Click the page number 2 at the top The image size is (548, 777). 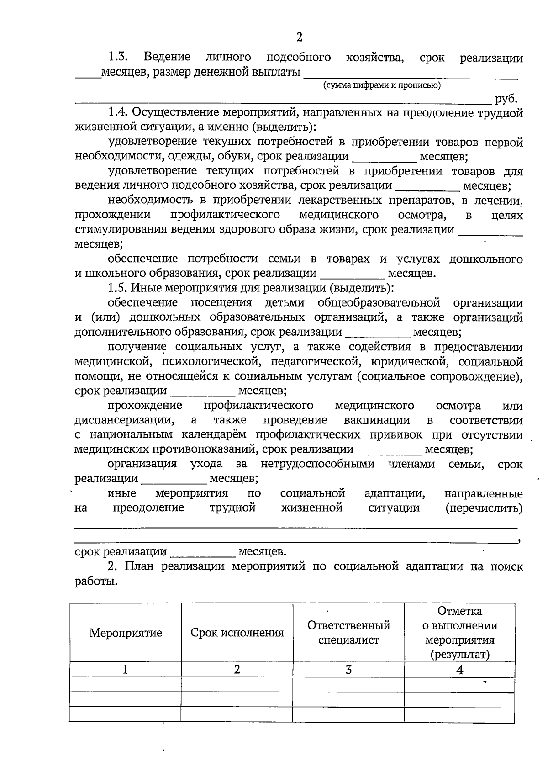(x=299, y=37)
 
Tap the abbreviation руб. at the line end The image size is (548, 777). (x=506, y=99)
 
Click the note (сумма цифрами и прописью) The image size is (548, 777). (x=381, y=85)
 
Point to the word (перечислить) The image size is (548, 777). (x=484, y=508)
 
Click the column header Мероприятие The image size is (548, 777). (x=126, y=633)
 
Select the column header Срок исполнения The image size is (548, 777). (x=237, y=633)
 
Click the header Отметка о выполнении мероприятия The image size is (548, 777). (x=459, y=633)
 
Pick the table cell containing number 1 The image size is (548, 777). (x=125, y=670)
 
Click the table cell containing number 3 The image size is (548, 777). (x=348, y=670)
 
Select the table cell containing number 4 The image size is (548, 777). (x=460, y=670)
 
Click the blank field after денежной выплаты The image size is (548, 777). (x=411, y=73)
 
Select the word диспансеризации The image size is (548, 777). (x=124, y=420)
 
